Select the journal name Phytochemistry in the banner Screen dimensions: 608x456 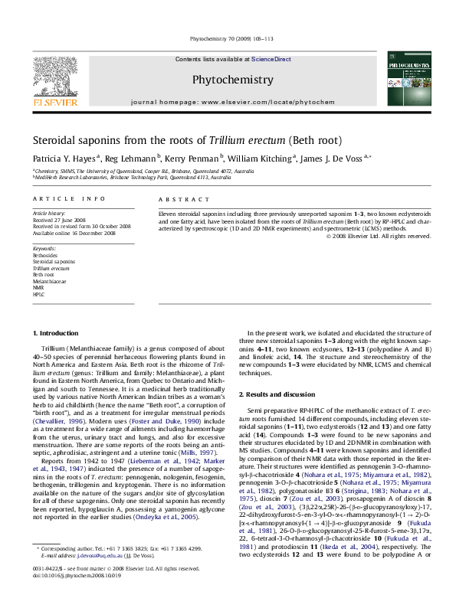pyautogui.click(x=231, y=80)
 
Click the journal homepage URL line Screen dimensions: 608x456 pyautogui.click(x=233, y=101)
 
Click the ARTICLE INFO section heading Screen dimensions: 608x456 pyautogui.click(x=58, y=198)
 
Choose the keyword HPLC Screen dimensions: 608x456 pyautogui.click(x=38, y=293)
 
